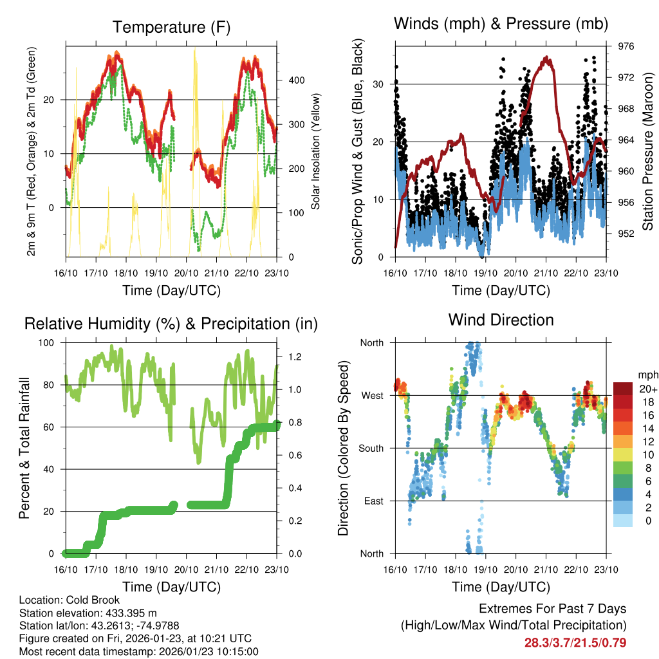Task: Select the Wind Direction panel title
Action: (501, 319)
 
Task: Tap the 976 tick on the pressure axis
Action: (626, 46)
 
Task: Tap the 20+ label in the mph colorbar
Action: (646, 389)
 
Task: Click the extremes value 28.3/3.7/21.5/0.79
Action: (575, 642)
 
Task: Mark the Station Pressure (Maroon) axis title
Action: (648, 151)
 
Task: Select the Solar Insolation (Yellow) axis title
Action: (315, 152)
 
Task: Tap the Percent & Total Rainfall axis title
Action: (24, 449)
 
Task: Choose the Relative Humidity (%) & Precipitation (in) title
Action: (171, 324)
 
